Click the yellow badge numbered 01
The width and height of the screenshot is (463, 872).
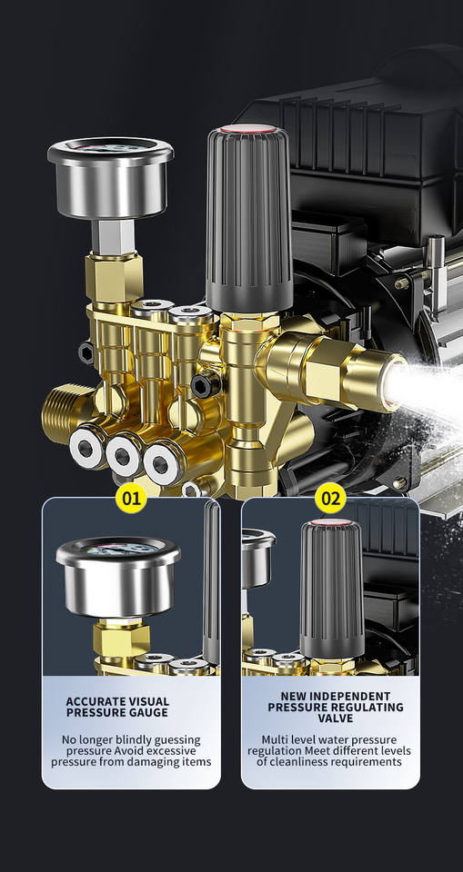[132, 497]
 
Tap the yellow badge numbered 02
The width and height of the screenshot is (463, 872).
[330, 497]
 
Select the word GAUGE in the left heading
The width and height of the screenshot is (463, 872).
[149, 712]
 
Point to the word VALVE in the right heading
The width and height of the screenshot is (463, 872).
[335, 718]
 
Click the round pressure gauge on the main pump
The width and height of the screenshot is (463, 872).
[110, 177]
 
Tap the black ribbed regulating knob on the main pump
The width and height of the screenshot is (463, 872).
[248, 217]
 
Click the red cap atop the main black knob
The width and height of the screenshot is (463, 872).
[248, 130]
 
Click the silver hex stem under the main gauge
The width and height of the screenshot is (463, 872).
[113, 235]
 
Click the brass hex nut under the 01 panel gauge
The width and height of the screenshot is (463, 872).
[122, 639]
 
